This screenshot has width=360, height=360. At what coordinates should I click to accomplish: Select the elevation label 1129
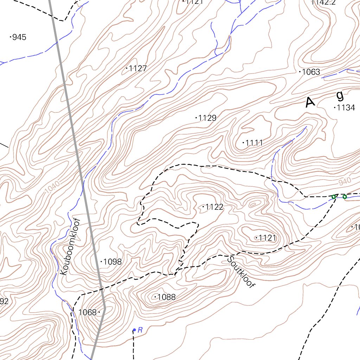(x=207, y=118)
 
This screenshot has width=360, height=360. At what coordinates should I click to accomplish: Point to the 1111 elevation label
(x=254, y=143)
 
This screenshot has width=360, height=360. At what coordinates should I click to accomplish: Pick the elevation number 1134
(x=345, y=108)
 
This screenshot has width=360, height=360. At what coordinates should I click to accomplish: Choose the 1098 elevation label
(x=112, y=262)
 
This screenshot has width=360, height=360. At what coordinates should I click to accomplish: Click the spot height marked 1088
(x=166, y=297)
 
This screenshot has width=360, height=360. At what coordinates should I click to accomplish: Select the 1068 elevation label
(x=88, y=312)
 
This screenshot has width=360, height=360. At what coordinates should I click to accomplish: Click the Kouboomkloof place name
(x=70, y=246)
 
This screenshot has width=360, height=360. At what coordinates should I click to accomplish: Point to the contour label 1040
(x=52, y=187)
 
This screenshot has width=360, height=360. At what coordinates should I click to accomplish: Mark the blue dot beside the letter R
(x=134, y=330)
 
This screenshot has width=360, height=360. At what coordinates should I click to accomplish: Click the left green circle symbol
(x=334, y=197)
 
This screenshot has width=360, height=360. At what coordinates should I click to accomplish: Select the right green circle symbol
(x=345, y=197)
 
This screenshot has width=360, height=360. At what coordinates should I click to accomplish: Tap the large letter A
(x=310, y=102)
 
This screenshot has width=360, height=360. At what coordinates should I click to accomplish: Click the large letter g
(x=340, y=95)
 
